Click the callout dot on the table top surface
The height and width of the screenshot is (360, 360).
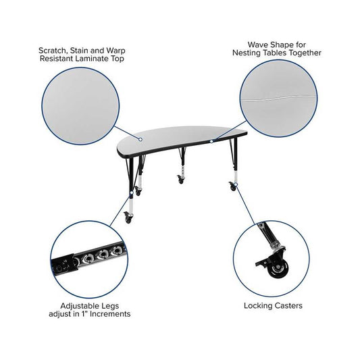pos(140,139)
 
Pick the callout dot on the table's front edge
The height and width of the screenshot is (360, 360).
pos(211,141)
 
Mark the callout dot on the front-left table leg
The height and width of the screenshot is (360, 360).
pos(132,192)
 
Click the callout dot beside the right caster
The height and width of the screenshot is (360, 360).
pos(236,184)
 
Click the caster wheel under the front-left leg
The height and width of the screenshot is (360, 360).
pos(128,220)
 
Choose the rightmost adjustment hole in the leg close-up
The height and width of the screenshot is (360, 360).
pos(117,251)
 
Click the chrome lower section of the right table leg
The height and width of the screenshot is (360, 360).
pos(235,174)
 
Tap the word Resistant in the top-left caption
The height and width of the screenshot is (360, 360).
pos(57,59)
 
